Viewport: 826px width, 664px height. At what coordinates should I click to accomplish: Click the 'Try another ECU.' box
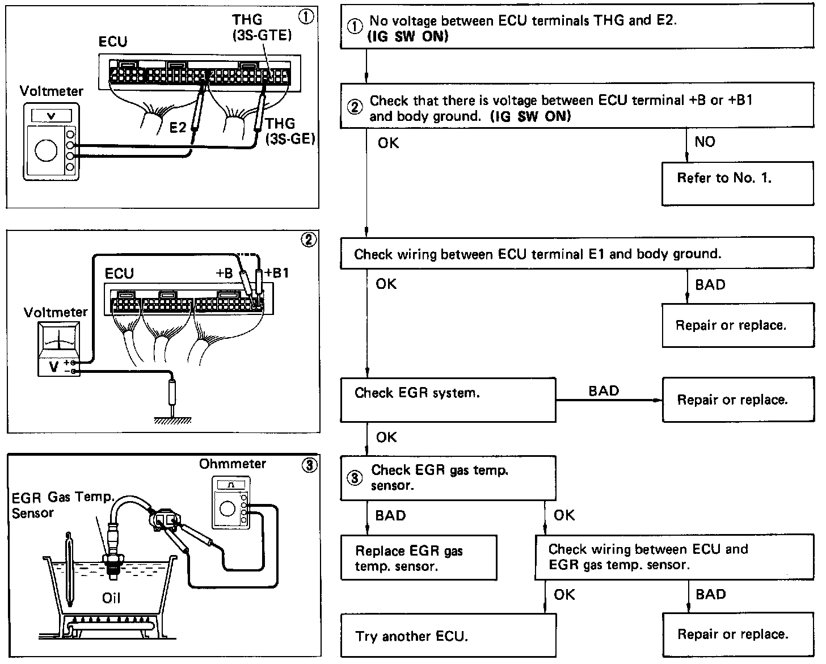click(448, 636)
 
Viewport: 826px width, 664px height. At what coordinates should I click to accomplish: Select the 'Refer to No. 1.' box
click(737, 184)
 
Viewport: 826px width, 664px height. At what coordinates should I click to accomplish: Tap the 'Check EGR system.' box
click(448, 400)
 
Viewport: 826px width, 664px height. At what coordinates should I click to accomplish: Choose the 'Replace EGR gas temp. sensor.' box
click(418, 557)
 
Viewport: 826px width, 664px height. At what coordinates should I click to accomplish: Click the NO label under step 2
click(705, 142)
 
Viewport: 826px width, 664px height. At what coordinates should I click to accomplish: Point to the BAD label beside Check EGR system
click(603, 390)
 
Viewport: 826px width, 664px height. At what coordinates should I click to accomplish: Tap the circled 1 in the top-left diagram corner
click(306, 18)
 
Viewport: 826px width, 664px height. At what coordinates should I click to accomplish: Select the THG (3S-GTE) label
click(262, 28)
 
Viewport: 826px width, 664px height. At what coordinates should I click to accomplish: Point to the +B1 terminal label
click(276, 273)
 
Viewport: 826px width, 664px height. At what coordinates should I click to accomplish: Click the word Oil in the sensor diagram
click(111, 598)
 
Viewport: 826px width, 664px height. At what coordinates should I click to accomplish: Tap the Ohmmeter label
click(232, 464)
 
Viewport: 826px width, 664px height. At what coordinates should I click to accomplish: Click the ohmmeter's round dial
click(227, 508)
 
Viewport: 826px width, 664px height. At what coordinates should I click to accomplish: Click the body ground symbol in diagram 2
click(172, 419)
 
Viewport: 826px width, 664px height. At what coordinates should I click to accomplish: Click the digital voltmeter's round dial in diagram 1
click(45, 150)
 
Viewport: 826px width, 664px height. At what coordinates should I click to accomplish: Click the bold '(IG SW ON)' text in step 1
click(408, 37)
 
